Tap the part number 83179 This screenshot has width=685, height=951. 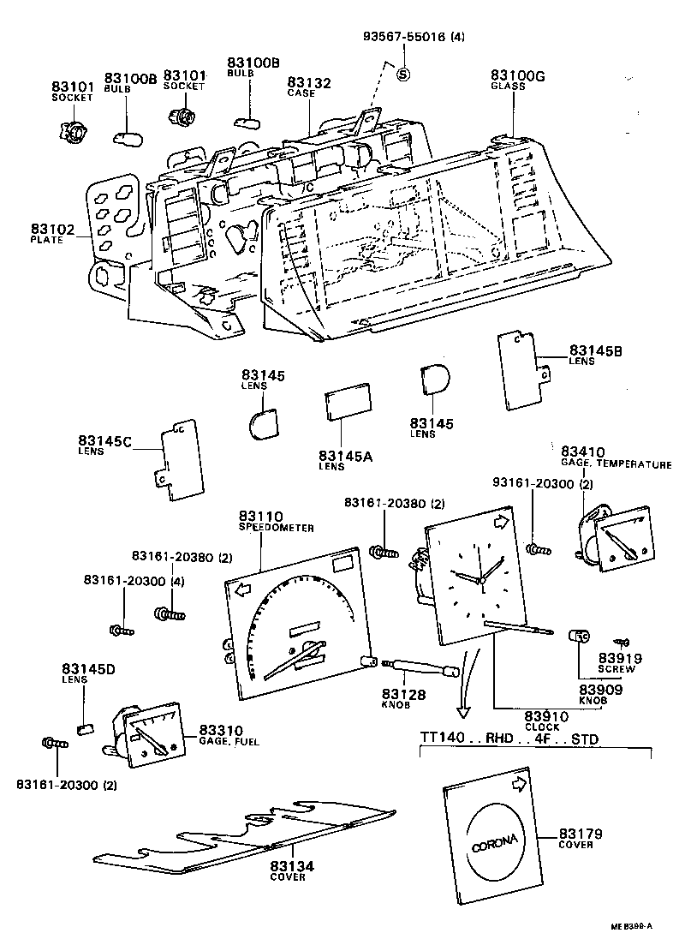pyautogui.click(x=581, y=834)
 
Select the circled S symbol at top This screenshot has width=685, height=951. pyautogui.click(x=404, y=74)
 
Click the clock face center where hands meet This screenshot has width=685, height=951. pyautogui.click(x=481, y=581)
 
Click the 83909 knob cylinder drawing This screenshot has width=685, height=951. pyautogui.click(x=580, y=637)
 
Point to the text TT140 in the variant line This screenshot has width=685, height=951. pyautogui.click(x=439, y=739)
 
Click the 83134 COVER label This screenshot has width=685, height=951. pyautogui.click(x=293, y=871)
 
